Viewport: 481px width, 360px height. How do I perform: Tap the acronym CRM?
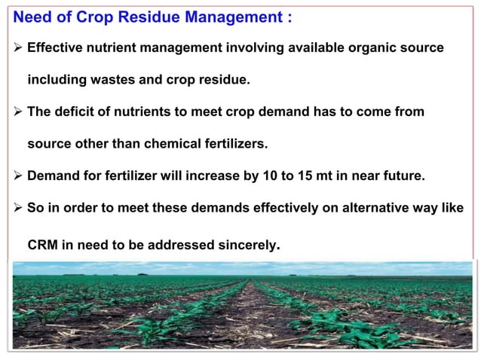44,245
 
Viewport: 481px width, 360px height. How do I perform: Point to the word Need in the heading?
32,17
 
